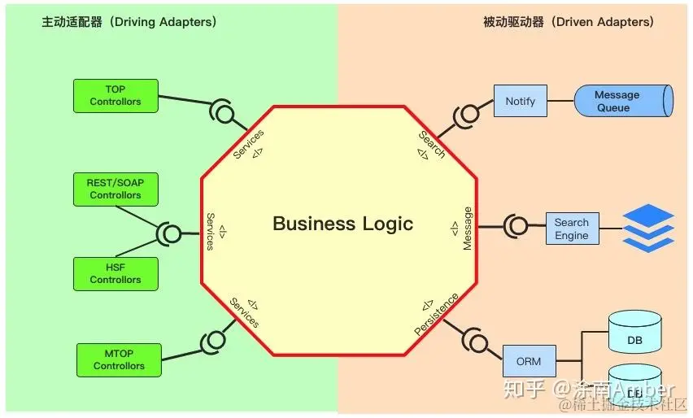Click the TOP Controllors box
pos(115,95)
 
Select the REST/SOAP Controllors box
pos(115,189)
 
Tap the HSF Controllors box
pos(115,273)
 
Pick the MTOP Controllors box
pos(119,359)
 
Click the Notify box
pos(521,101)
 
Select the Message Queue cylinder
pos(622,101)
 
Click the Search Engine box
pos(572,229)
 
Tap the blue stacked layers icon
pos(648,228)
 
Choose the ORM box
pos(529,360)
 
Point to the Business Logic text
pos(342,224)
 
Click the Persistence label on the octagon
pos(436,315)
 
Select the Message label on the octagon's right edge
pos(467,229)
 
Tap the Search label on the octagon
pos(432,144)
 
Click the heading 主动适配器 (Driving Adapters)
pos(129,22)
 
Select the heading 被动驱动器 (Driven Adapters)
pos(568,22)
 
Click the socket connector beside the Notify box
pos(467,115)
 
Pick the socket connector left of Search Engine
pos(516,225)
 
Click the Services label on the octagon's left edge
pos(211,232)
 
